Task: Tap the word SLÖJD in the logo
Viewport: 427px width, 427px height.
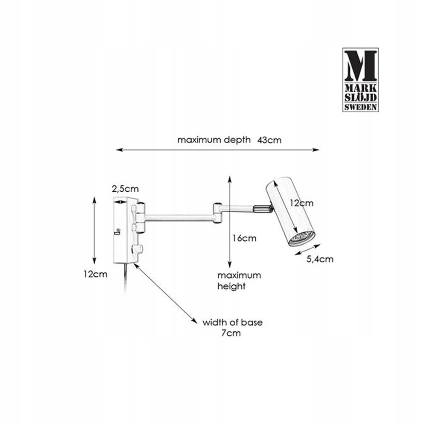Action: (x=361, y=98)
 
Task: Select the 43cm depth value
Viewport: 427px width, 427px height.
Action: (x=269, y=140)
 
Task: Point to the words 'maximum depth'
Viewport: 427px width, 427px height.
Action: (x=214, y=140)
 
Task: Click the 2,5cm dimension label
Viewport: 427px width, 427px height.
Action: (x=125, y=188)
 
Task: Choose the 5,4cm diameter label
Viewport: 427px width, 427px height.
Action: (x=320, y=259)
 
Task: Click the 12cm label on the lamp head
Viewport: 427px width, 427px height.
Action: (x=301, y=203)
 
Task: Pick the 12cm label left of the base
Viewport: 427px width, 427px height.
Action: (x=95, y=274)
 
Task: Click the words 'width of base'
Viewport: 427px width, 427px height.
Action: (x=232, y=322)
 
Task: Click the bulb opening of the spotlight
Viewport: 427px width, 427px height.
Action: (x=301, y=239)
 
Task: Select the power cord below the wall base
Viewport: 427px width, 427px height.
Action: (x=124, y=278)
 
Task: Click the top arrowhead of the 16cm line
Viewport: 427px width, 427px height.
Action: (x=230, y=179)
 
